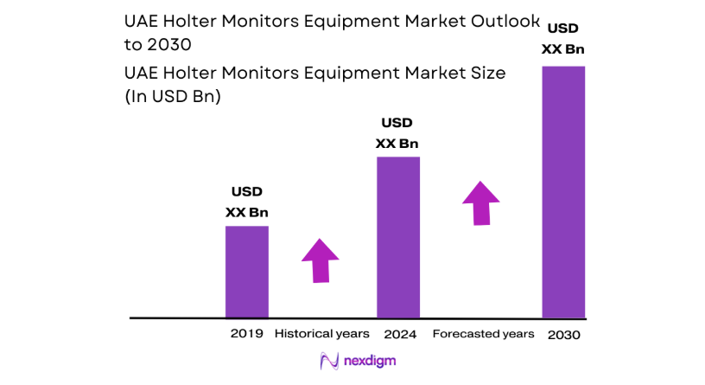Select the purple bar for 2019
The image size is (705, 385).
[247, 272]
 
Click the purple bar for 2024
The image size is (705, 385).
[398, 237]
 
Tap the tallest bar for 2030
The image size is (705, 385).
[562, 191]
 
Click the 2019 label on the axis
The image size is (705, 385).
[246, 334]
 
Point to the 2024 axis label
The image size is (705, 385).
[400, 334]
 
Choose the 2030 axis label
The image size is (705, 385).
[563, 334]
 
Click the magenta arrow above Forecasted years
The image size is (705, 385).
[481, 202]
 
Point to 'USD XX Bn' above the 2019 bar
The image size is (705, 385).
[246, 202]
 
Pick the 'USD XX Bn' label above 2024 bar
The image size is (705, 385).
[397, 132]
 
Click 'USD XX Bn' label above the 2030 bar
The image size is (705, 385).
[562, 39]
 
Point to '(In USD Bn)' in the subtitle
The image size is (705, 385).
[174, 97]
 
